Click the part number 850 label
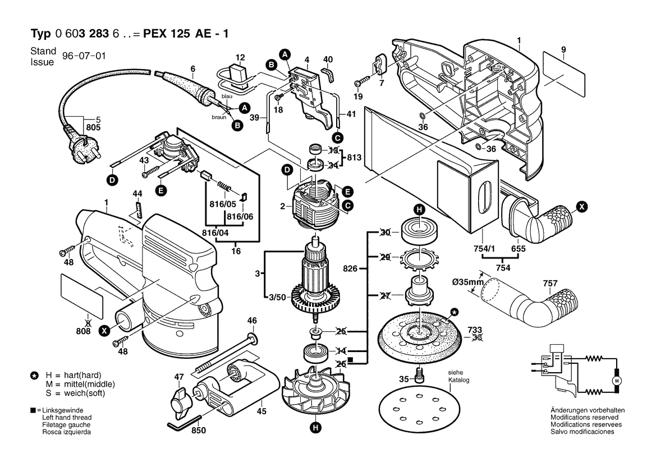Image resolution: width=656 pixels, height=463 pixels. (x=199, y=431)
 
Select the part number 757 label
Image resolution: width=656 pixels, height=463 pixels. (x=550, y=284)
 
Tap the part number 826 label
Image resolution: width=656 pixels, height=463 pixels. (x=350, y=268)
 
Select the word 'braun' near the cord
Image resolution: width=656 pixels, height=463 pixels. (x=219, y=117)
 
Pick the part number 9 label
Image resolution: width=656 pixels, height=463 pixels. (x=563, y=49)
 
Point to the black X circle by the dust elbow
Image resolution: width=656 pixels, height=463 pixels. (x=582, y=207)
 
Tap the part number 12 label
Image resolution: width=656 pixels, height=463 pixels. (x=240, y=58)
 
